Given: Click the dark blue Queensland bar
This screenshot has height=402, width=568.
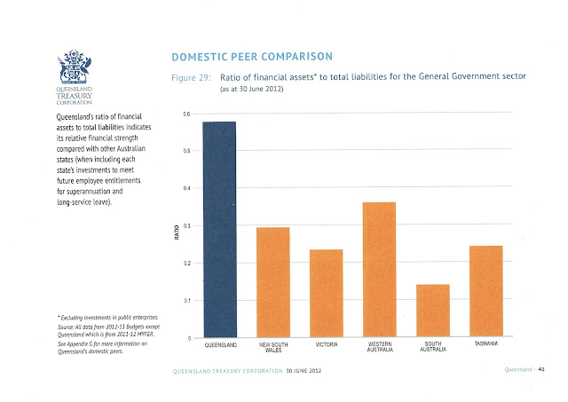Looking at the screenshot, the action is (219, 230).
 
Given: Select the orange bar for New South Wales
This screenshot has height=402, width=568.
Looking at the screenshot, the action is (272, 282).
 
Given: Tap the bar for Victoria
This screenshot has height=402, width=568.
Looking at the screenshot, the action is (326, 293).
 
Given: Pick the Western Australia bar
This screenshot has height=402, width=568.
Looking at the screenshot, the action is (379, 270).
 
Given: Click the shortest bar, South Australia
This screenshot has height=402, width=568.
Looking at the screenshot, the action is (433, 311).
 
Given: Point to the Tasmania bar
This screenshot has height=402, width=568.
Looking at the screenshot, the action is (486, 291).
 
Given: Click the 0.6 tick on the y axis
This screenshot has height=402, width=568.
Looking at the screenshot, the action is (186, 114).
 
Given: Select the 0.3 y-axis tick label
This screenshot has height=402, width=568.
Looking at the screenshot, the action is (186, 225).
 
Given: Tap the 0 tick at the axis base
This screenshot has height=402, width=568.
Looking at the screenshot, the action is (189, 338).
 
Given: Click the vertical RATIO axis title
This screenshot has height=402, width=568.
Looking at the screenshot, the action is (177, 233).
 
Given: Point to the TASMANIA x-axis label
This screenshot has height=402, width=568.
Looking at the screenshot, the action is (486, 343).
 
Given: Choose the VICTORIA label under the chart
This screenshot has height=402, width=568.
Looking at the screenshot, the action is (327, 344).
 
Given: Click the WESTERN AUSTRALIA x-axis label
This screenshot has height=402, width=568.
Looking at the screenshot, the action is (380, 347).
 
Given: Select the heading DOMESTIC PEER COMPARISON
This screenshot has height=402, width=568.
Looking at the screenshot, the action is (252, 57).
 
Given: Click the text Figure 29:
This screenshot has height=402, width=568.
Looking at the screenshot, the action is (191, 78).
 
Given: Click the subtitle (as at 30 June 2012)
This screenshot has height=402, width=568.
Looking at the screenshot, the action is (252, 89).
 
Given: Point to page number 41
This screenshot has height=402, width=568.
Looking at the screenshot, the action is (541, 369).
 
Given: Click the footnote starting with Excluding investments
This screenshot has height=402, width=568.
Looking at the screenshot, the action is (108, 318).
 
